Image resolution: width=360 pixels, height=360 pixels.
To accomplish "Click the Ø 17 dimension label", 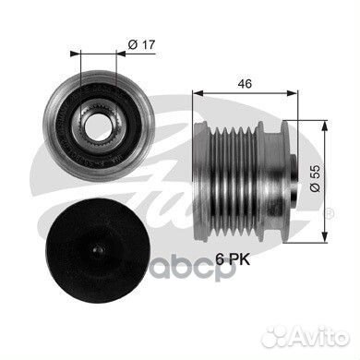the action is pos(141,45).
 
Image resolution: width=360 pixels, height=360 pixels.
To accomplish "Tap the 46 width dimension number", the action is pos(245,84).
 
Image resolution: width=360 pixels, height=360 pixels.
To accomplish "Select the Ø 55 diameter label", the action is pos(315,178).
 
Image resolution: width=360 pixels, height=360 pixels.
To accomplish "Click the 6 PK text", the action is pos(233,260).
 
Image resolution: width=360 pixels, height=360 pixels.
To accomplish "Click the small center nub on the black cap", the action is pos(99,249).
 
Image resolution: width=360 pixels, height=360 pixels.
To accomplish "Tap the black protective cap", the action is pos(99,249).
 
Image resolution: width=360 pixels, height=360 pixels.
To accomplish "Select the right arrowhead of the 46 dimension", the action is pos(293,93).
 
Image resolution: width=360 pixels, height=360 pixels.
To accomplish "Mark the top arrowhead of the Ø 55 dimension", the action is pos(324,126).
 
